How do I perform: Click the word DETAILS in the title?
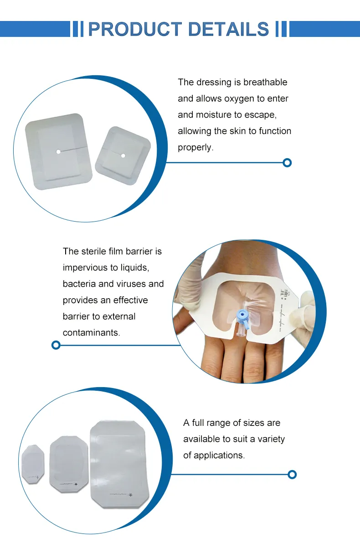click(x=228, y=29)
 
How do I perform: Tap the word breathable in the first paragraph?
click(x=265, y=83)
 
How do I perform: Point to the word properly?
click(x=195, y=148)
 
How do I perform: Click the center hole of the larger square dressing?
click(x=58, y=151)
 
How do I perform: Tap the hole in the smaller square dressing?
click(x=123, y=156)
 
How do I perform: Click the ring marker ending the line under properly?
click(x=287, y=163)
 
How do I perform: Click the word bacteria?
click(x=79, y=284)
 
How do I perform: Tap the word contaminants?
click(x=91, y=333)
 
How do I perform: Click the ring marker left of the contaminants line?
click(x=56, y=345)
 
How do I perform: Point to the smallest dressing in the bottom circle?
click(x=33, y=464)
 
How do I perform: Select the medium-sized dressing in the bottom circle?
click(x=68, y=464)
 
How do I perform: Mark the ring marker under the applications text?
click(x=292, y=475)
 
